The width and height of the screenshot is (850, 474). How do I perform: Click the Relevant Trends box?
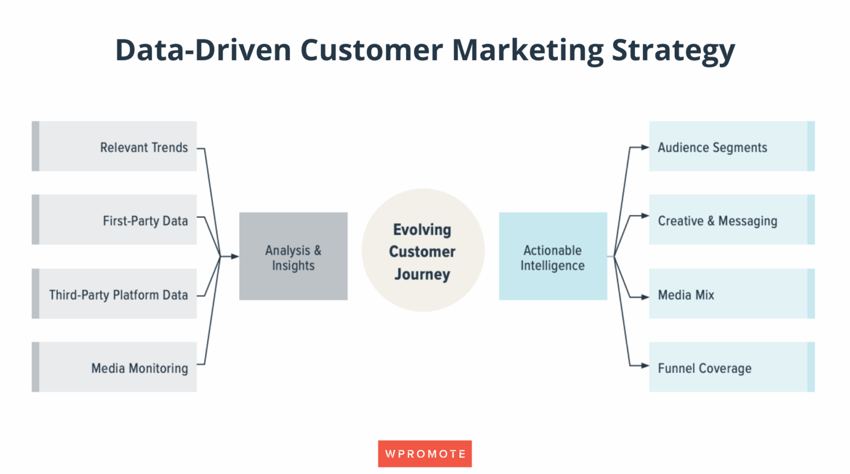tap(114, 146)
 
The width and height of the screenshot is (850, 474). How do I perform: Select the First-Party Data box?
tap(114, 219)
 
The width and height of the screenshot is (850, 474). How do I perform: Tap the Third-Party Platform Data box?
tap(114, 294)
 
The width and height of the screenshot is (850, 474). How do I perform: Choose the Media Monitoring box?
tap(114, 367)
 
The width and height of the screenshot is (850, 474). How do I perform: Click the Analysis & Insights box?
tap(293, 257)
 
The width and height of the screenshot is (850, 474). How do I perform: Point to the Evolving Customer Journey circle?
tap(423, 250)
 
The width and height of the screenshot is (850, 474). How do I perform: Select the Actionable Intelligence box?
tap(552, 257)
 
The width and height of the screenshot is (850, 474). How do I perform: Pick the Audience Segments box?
tap(732, 146)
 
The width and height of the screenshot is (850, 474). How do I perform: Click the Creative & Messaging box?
tap(732, 219)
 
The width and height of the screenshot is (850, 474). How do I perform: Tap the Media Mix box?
tap(732, 294)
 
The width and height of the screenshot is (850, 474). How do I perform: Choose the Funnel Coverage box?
tap(732, 367)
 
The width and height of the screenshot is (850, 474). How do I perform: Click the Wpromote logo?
tap(425, 454)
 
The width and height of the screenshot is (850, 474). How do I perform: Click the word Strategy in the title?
tap(673, 50)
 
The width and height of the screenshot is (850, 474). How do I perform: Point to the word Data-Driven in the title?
tap(203, 50)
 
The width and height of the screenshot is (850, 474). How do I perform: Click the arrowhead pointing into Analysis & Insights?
tap(235, 257)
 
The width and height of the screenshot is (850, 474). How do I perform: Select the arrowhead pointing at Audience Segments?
tap(645, 147)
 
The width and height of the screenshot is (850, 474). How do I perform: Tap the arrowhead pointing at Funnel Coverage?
tap(645, 366)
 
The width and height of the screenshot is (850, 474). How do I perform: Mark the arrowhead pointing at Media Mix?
tap(645, 297)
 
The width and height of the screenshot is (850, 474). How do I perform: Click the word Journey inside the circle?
tap(422, 274)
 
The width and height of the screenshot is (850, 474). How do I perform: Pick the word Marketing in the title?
tap(528, 50)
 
